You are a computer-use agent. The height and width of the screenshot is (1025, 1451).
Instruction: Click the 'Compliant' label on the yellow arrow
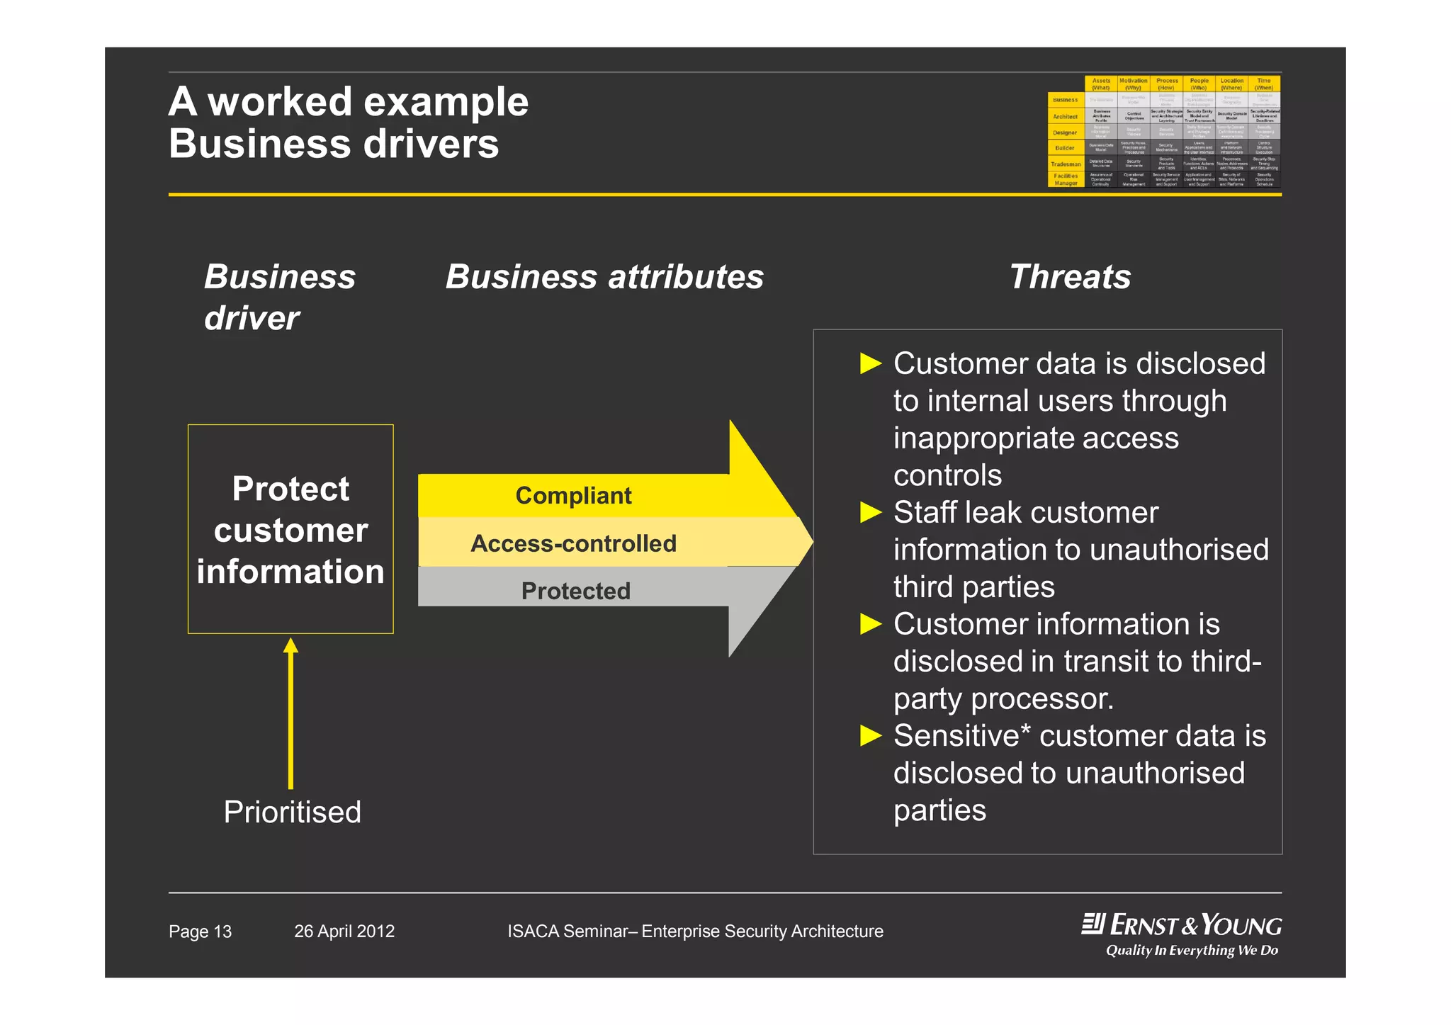573,496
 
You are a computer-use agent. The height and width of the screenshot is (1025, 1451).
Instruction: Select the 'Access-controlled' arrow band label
573,543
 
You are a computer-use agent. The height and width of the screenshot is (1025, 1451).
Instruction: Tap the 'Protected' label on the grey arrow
575,591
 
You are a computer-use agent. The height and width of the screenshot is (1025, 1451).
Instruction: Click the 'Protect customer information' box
290,529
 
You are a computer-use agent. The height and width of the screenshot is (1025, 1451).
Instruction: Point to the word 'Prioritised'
292,812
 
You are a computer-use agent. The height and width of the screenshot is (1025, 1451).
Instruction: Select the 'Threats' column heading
1070,277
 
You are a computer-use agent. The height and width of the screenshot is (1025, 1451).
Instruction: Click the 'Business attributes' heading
604,277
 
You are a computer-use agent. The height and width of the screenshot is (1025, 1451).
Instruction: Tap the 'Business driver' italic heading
279,297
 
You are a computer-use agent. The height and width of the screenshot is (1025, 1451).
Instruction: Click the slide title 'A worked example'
348,102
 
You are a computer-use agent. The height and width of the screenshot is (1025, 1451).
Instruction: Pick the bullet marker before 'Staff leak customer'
870,512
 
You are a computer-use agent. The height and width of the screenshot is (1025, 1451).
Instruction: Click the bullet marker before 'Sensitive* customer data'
870,736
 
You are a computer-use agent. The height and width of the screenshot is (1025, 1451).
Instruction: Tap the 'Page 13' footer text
200,931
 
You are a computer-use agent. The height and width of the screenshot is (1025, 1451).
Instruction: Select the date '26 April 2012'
344,931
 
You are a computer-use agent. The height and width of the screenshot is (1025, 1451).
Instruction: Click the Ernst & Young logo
1182,925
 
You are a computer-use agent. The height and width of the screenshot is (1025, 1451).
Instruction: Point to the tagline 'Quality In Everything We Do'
1192,951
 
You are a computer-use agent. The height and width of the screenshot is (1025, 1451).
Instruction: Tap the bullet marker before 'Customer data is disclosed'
870,363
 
